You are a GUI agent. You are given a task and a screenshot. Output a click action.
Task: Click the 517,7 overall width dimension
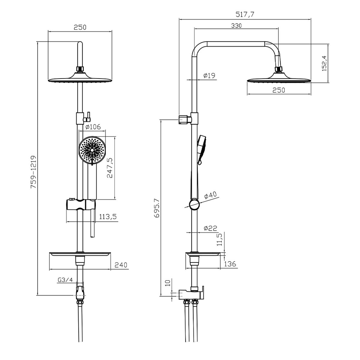[245, 14]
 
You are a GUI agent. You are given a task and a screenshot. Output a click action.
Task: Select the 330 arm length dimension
[236, 25]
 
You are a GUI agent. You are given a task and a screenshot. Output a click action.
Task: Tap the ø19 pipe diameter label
[209, 76]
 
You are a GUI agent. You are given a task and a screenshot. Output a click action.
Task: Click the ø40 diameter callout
[210, 195]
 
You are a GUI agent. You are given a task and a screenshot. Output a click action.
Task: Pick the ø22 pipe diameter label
[211, 228]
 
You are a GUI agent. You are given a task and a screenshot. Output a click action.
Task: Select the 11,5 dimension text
[220, 240]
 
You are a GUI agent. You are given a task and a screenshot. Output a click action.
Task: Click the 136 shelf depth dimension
[230, 264]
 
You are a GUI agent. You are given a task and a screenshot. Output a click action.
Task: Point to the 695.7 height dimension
[157, 208]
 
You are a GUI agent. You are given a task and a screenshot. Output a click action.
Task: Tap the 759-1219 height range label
[34, 172]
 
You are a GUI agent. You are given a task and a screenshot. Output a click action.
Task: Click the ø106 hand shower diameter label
[93, 127]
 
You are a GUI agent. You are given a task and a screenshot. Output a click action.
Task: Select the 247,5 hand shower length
[110, 168]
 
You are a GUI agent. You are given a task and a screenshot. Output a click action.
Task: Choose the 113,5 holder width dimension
[108, 217]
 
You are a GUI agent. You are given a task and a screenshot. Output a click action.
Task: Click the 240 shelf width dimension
[121, 265]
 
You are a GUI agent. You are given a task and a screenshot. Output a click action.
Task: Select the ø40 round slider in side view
[194, 204]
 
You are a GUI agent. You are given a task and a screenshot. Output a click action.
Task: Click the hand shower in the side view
[201, 150]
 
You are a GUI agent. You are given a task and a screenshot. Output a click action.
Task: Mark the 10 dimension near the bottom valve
[168, 283]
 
